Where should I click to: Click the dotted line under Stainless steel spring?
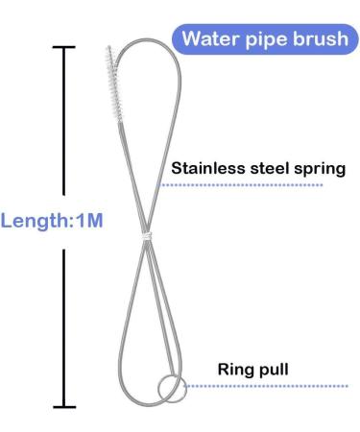pyautogui.click(x=259, y=184)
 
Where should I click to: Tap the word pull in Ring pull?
pyautogui.click(x=270, y=367)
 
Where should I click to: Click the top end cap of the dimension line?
pyautogui.click(x=64, y=47)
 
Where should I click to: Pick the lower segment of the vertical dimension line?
pyautogui.click(x=64, y=326)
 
